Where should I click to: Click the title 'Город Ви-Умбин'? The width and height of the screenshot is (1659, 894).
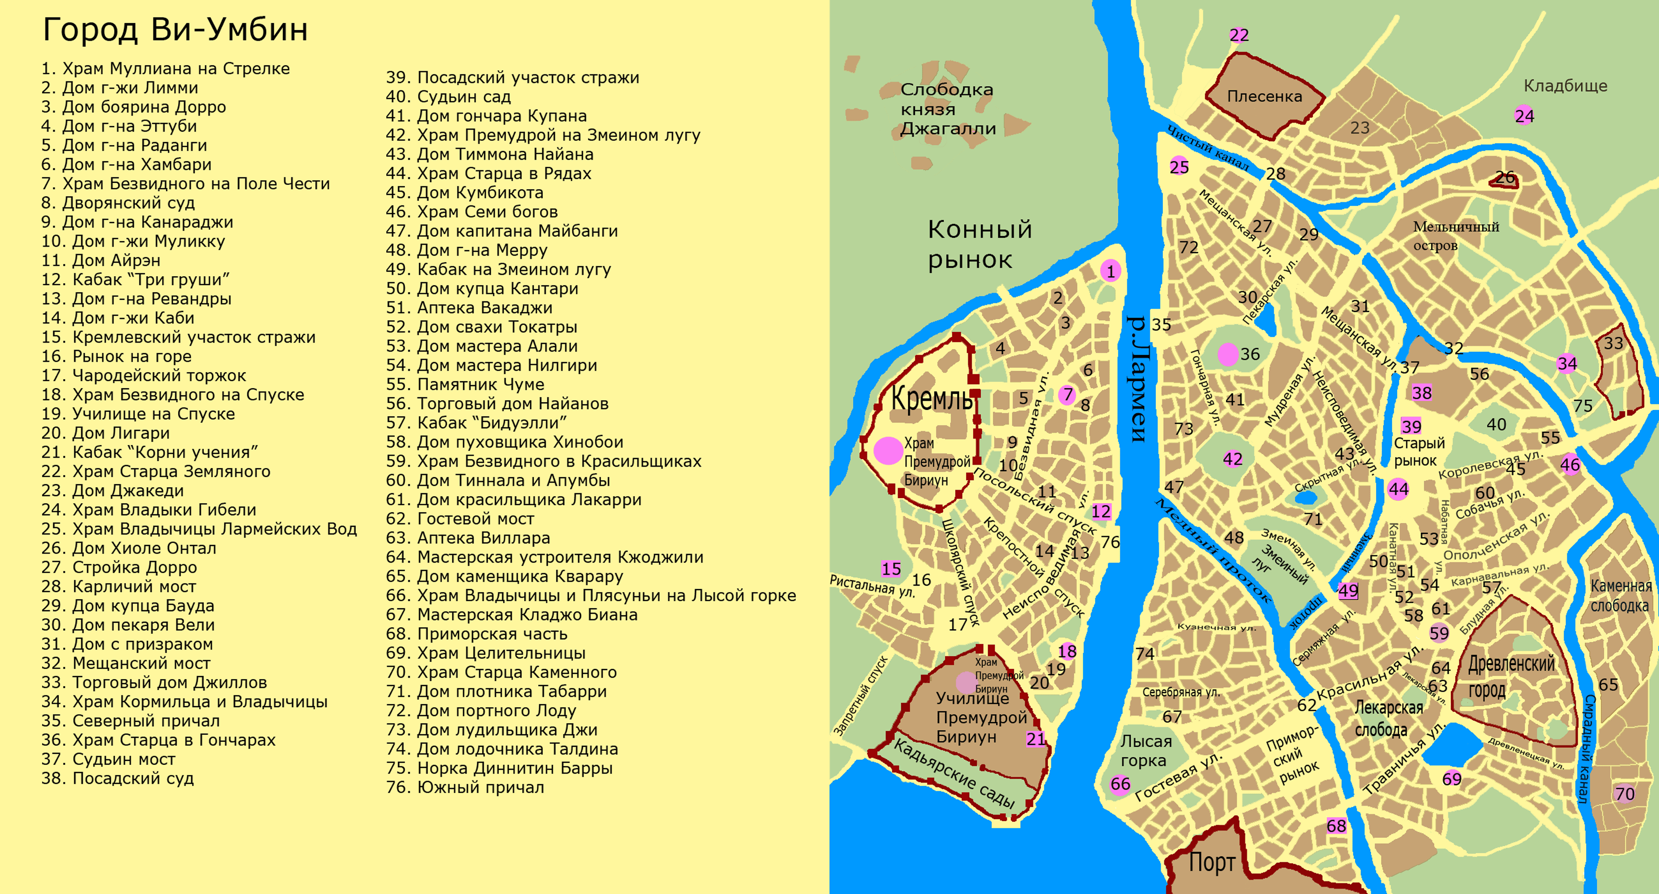[175, 30]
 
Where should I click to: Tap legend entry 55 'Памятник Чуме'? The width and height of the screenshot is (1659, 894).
[465, 385]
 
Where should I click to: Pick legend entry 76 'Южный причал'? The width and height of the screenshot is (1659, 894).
[465, 788]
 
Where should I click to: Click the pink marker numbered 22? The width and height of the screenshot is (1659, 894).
[1239, 36]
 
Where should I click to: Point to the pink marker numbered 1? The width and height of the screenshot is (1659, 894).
[1110, 271]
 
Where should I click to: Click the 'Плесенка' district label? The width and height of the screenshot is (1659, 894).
[1264, 97]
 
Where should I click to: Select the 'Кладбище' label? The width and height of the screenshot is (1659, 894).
[1565, 86]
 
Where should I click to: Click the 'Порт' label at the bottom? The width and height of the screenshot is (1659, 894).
[1212, 862]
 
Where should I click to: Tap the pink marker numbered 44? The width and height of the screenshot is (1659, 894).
[1398, 489]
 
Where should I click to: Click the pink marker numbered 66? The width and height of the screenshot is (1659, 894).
[1120, 785]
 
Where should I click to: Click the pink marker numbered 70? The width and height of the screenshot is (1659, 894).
[1624, 794]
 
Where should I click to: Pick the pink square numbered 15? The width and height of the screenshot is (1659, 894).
[890, 569]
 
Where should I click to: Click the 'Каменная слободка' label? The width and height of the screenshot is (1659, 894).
[1620, 596]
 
